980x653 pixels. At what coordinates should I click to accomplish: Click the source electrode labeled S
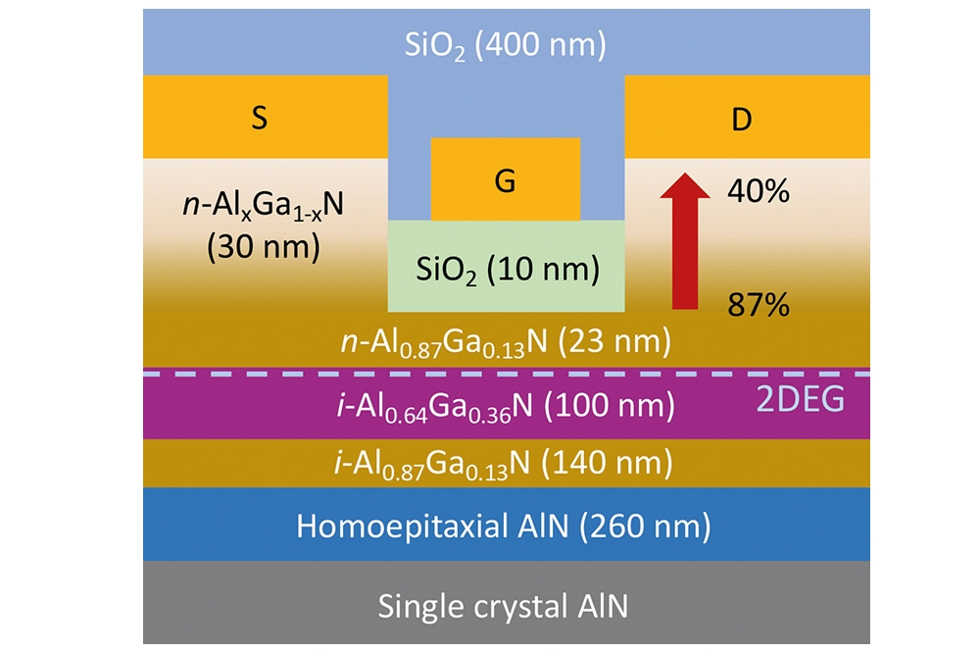[260, 118]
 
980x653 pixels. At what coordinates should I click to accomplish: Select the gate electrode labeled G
[505, 180]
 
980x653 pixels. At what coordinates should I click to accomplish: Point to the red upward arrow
[683, 239]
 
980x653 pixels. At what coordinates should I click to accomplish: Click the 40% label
[758, 192]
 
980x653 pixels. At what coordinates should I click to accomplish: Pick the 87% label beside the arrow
[758, 306]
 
